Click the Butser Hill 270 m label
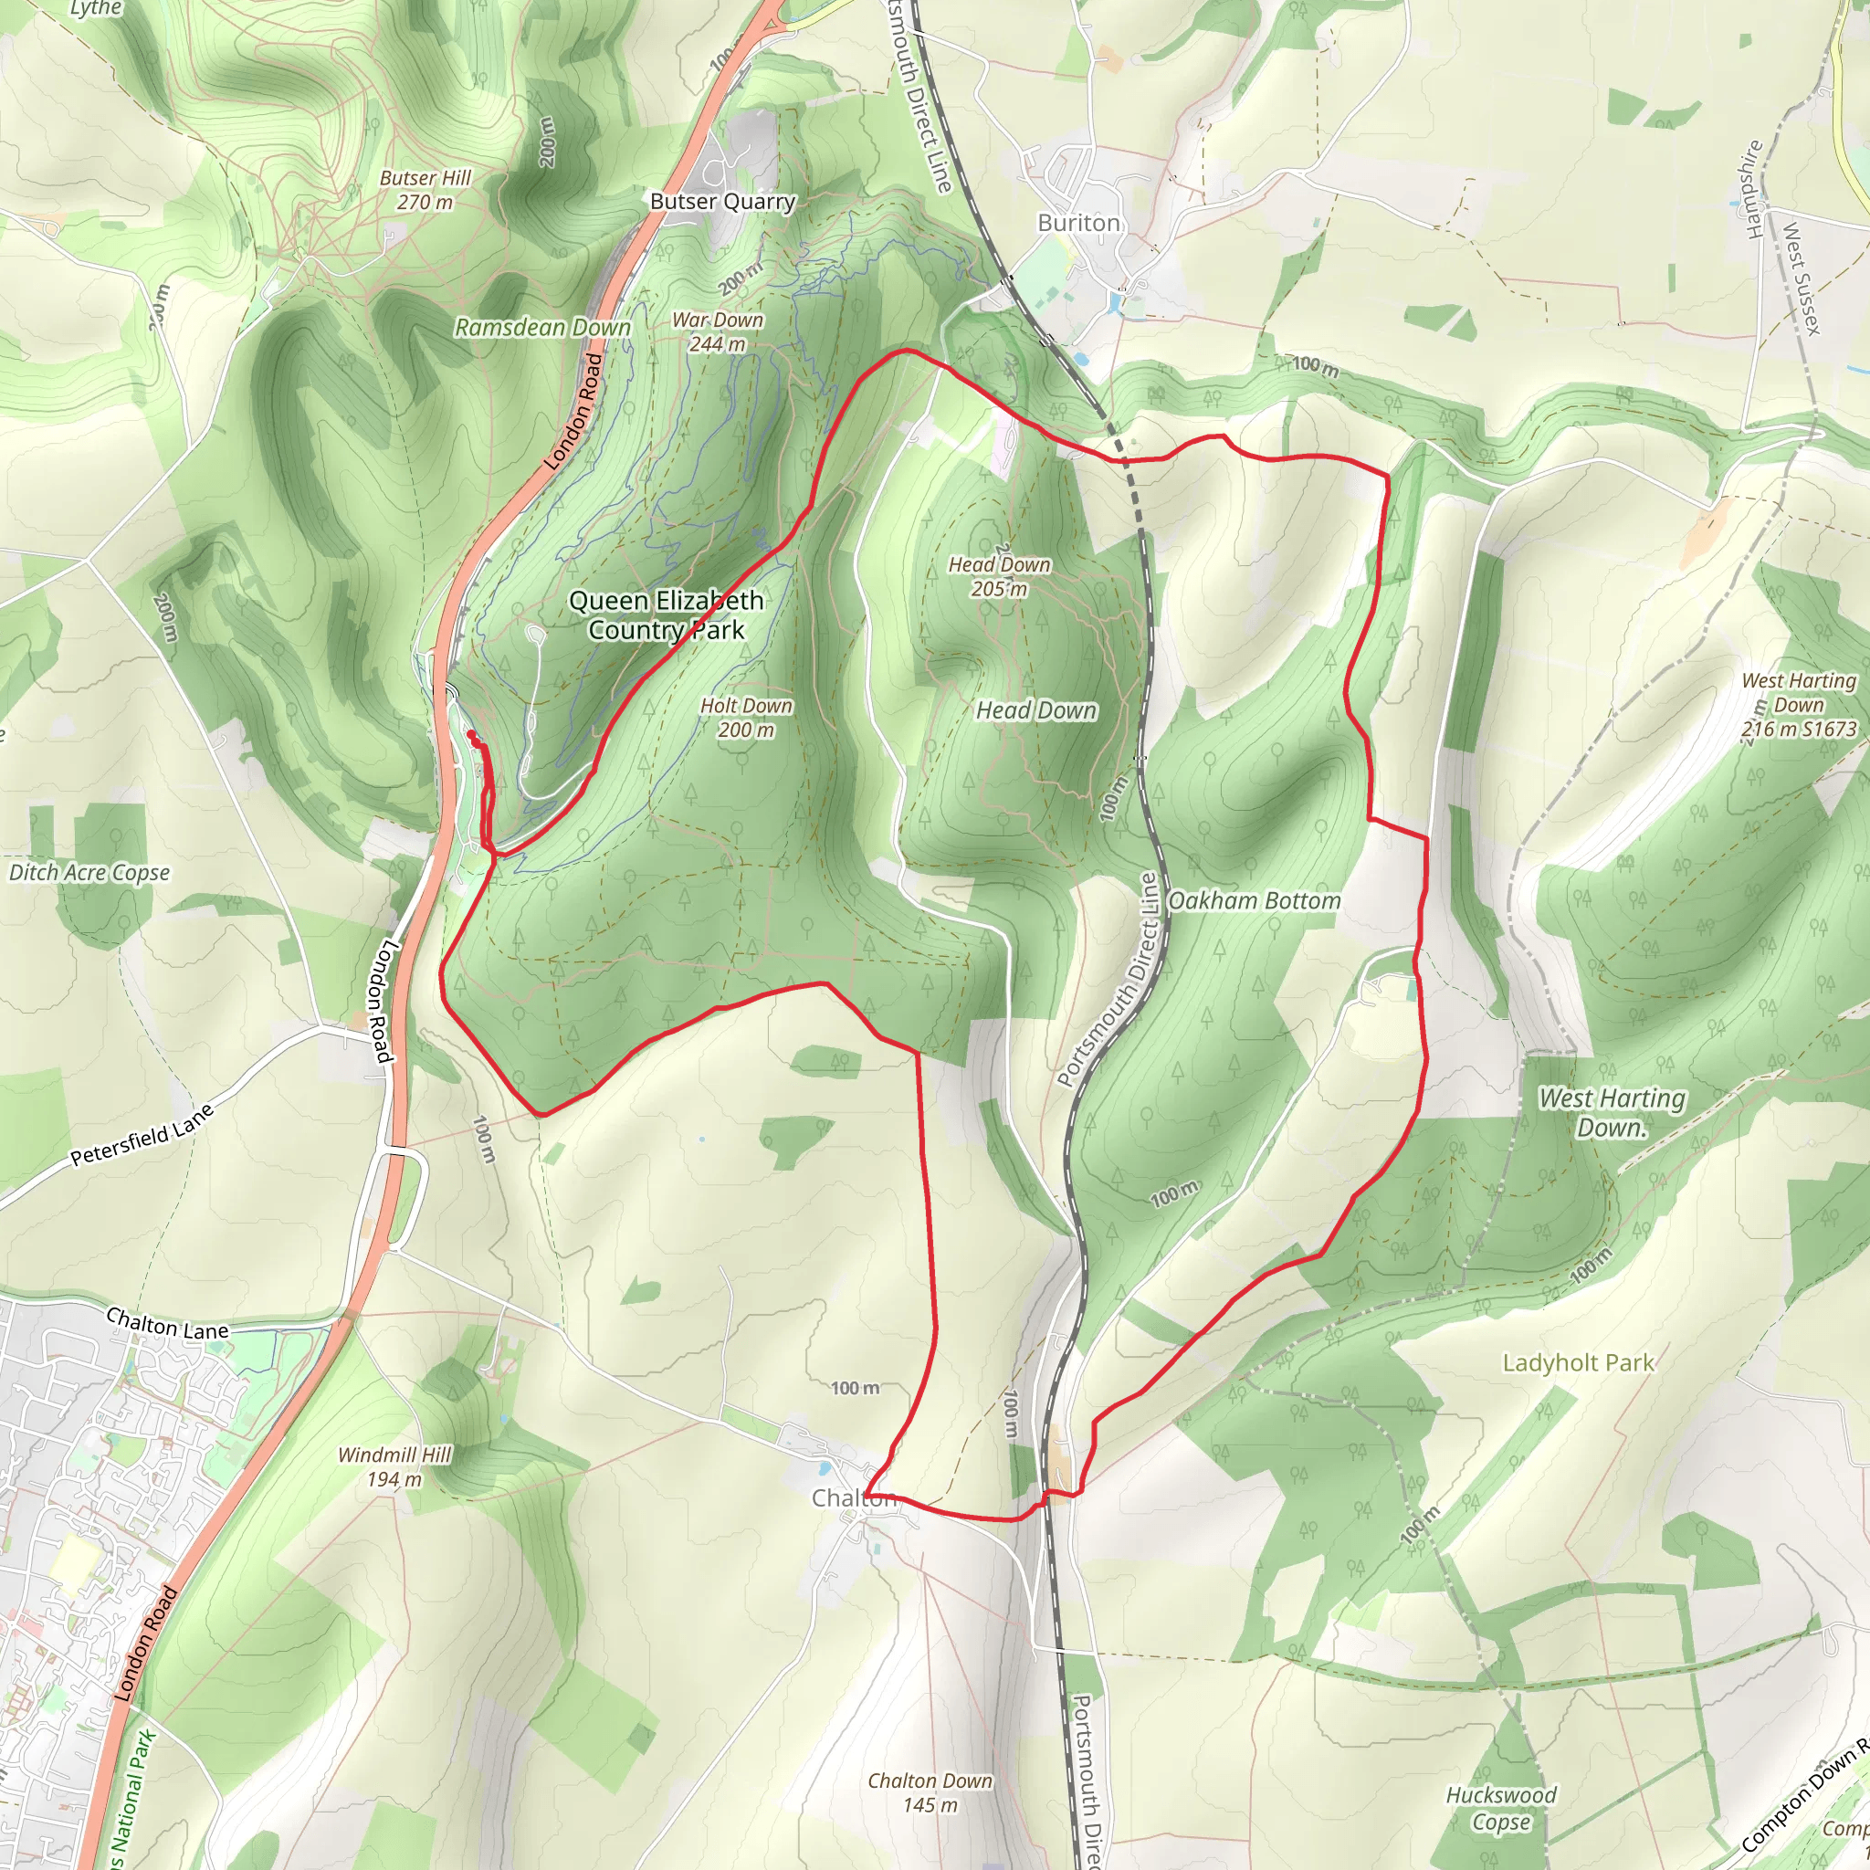(425, 190)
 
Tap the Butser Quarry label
(722, 201)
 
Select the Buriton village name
(1078, 223)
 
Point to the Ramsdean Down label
(543, 327)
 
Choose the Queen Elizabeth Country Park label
(666, 615)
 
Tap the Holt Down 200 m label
(745, 717)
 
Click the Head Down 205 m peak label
(999, 576)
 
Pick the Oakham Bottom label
(1255, 901)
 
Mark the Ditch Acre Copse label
(89, 872)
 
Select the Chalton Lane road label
(167, 1323)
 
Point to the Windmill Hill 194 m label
(394, 1466)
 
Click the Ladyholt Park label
(1579, 1363)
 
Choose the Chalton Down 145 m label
(930, 1792)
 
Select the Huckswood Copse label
(1501, 1808)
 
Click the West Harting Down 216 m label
(1799, 705)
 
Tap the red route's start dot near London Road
(471, 736)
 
